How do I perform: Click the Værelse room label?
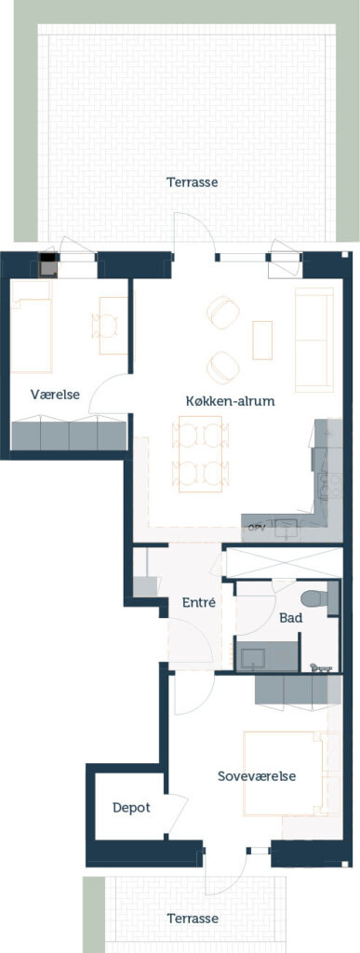click(x=55, y=395)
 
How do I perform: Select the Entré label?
click(x=200, y=602)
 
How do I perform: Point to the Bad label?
click(x=291, y=618)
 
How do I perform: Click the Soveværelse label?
click(x=257, y=777)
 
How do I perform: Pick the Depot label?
click(x=131, y=808)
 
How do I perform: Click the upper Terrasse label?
click(x=193, y=181)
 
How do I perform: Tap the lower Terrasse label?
click(x=193, y=918)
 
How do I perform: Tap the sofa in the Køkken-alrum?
click(x=313, y=340)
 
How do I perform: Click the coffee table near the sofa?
click(x=262, y=341)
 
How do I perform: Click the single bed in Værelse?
click(x=32, y=328)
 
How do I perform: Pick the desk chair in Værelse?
click(x=104, y=326)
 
